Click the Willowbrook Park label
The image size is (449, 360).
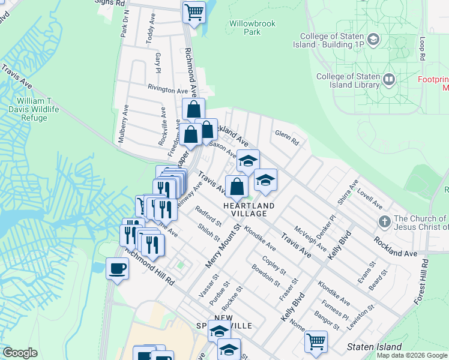253,28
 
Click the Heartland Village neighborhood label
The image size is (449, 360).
249,209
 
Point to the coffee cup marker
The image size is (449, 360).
117,268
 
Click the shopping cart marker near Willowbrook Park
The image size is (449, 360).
193,11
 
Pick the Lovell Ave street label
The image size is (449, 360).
370,197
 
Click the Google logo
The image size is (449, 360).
20,353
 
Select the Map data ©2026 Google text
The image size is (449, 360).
412,355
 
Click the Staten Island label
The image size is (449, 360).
375,347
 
